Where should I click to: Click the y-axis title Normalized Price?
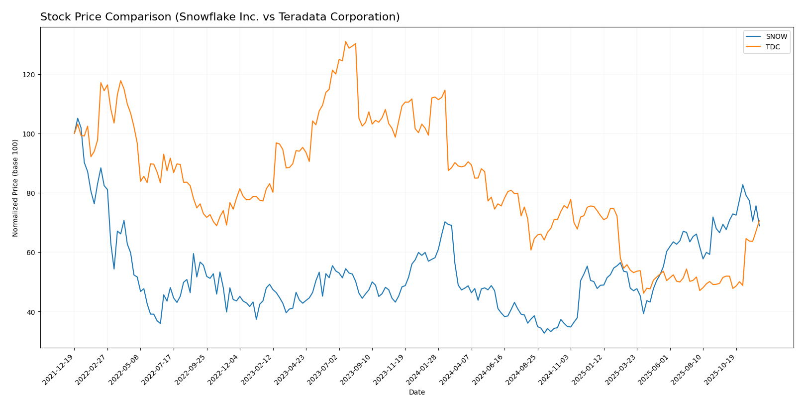(x=15, y=188)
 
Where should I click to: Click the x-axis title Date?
(x=417, y=393)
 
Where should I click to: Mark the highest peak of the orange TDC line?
(x=346, y=41)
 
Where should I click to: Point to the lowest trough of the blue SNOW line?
(x=544, y=333)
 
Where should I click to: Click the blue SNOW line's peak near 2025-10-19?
(x=743, y=185)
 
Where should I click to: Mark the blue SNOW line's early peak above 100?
(x=78, y=119)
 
